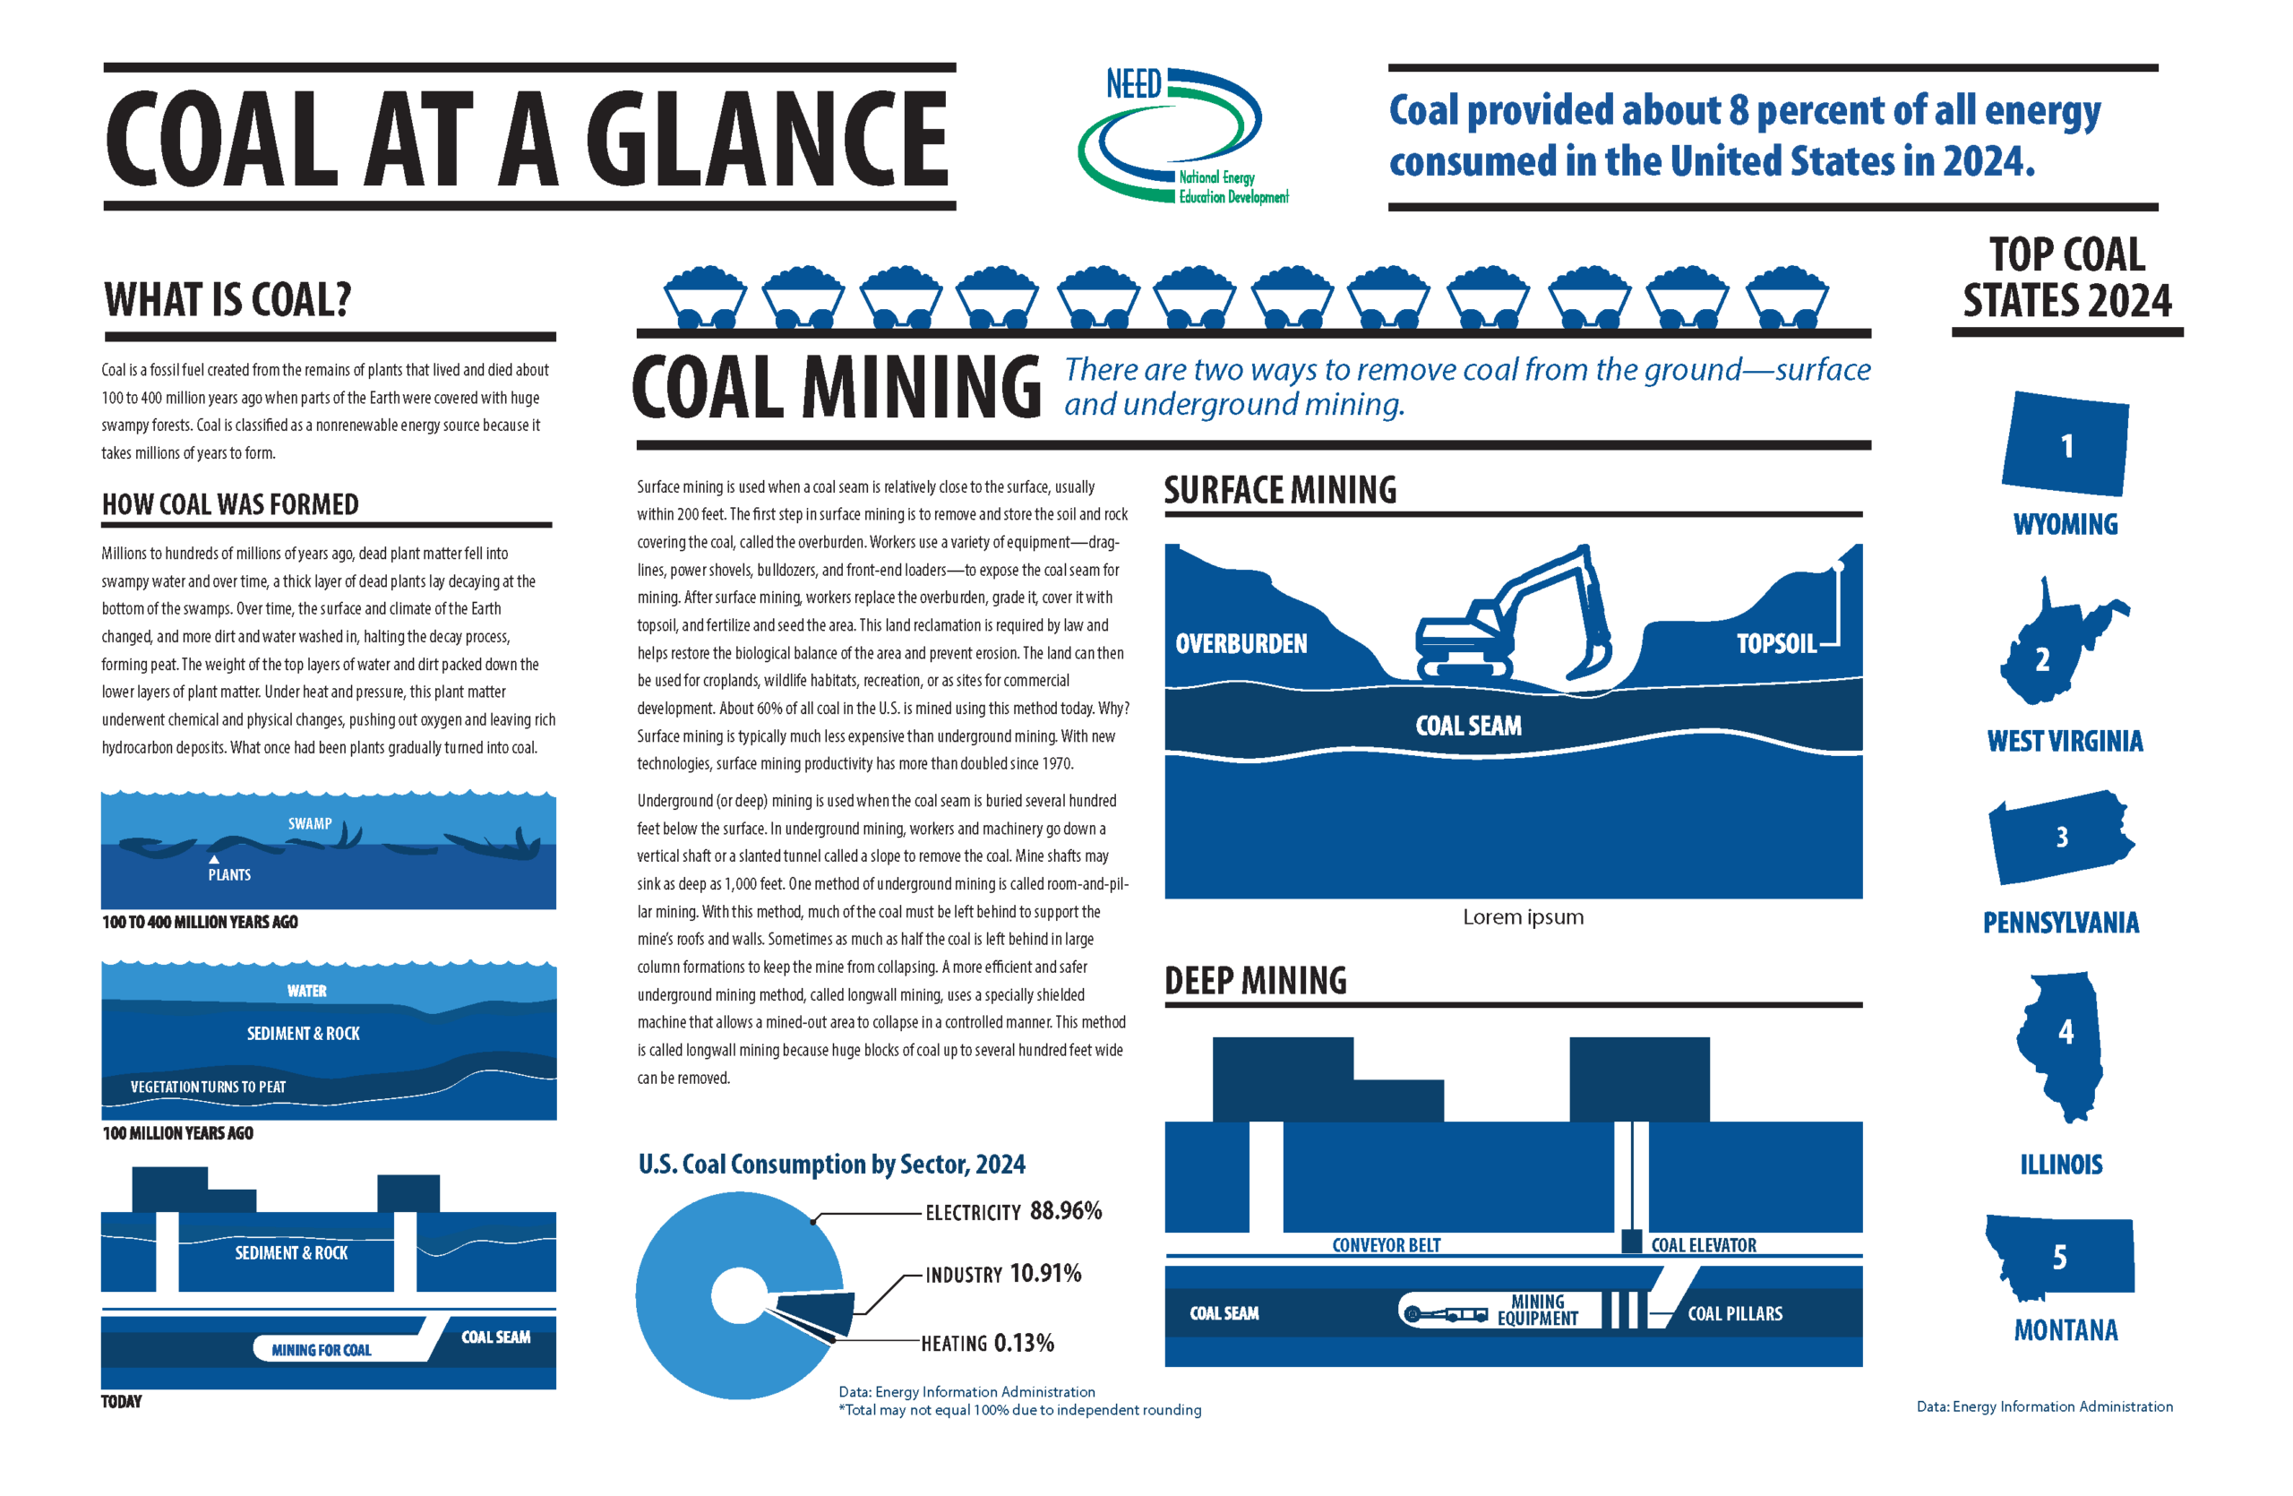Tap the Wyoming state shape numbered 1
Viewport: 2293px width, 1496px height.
point(2065,444)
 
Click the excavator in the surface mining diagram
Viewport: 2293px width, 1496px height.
point(1513,616)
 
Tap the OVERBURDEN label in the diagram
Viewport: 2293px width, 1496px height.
point(1241,643)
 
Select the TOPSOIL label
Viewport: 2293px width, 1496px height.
point(1775,643)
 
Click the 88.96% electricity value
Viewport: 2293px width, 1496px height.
point(1066,1211)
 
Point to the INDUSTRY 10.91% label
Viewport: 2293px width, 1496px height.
point(1003,1274)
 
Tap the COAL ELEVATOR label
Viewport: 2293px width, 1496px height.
point(1704,1245)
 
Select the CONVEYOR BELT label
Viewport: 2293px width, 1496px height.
point(1387,1245)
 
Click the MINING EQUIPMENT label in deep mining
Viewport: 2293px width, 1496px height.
point(1538,1310)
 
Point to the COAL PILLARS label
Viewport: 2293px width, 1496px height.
point(1735,1314)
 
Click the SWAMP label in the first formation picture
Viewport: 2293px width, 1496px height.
point(309,823)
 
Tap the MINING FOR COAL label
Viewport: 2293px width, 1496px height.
point(321,1350)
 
